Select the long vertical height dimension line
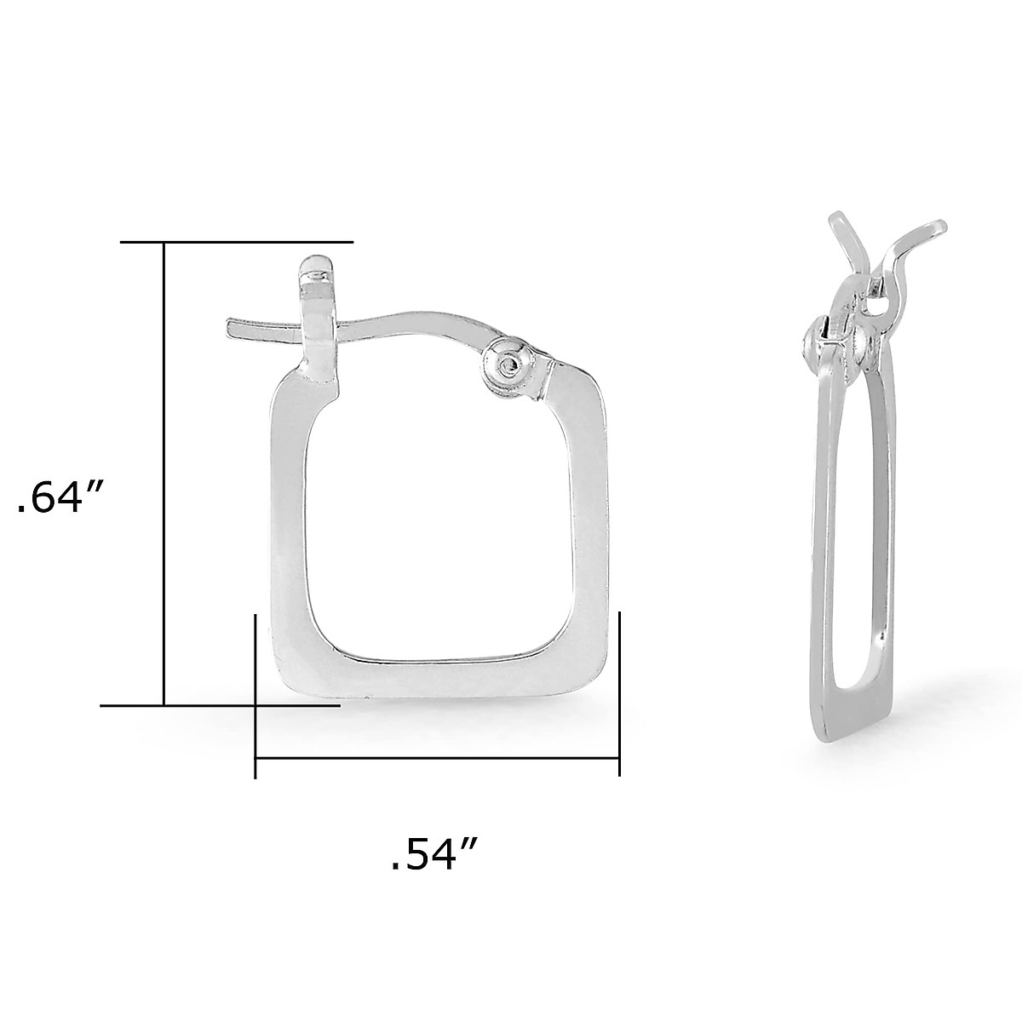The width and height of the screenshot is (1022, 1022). (x=164, y=477)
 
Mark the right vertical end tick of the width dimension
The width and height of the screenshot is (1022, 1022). (x=619, y=694)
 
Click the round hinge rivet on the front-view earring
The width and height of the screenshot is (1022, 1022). (x=510, y=364)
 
